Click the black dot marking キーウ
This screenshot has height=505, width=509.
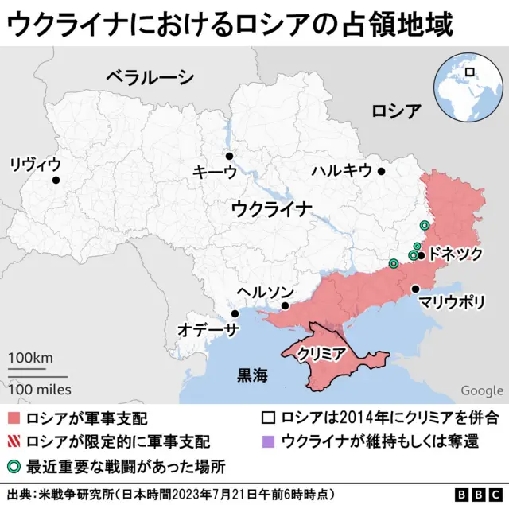[x=229, y=157]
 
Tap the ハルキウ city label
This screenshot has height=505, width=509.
[x=341, y=170]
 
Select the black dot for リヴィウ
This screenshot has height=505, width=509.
[x=56, y=181]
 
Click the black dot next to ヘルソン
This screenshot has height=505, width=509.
[x=286, y=305]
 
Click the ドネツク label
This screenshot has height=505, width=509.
[x=455, y=254]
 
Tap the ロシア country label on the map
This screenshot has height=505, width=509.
[x=396, y=111]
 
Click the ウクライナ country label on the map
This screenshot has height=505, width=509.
[x=272, y=209]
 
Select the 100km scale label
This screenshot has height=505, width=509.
[x=30, y=357]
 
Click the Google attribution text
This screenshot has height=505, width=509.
[x=481, y=390]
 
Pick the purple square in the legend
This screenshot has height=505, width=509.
[x=268, y=440]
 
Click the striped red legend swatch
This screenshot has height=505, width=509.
[x=15, y=440]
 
